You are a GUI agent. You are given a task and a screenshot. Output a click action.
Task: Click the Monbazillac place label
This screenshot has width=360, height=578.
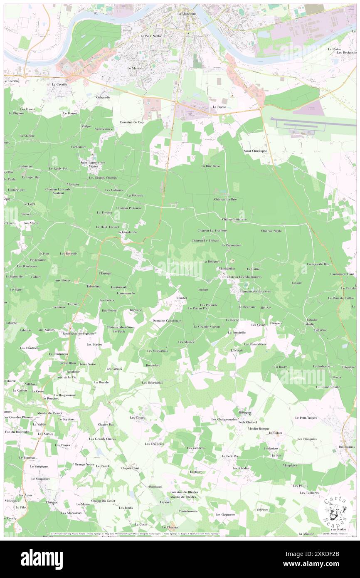pyautogui.click(x=228, y=269)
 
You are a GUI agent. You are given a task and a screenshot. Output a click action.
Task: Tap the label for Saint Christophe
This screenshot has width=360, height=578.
pyautogui.click(x=255, y=151)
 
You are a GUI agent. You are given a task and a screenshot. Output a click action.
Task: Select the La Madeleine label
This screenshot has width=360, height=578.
pyautogui.click(x=186, y=14)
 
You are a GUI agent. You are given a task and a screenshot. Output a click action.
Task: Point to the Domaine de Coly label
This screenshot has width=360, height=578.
pyautogui.click(x=132, y=122)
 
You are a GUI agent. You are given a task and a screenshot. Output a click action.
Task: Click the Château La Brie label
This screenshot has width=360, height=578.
pyautogui.click(x=225, y=200)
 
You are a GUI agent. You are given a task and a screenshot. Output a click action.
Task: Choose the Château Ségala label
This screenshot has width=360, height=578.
pyautogui.click(x=271, y=231)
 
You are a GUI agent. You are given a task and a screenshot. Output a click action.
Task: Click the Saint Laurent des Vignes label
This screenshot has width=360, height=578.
pyautogui.click(x=93, y=164)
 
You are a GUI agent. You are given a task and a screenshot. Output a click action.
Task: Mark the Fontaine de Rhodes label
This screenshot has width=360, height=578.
pyautogui.click(x=184, y=492)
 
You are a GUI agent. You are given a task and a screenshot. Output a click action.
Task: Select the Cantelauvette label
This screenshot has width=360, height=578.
pyautogui.click(x=188, y=511)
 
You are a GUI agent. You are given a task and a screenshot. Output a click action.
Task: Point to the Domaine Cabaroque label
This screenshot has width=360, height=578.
pyautogui.click(x=166, y=321)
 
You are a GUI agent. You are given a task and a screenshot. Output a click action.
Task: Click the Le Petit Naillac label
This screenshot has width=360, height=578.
pyautogui.click(x=151, y=36)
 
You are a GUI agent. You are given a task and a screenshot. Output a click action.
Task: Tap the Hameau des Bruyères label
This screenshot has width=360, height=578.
pyautogui.click(x=256, y=291)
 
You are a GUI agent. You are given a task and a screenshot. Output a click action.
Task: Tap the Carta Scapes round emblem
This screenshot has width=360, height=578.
pyautogui.click(x=333, y=511)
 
